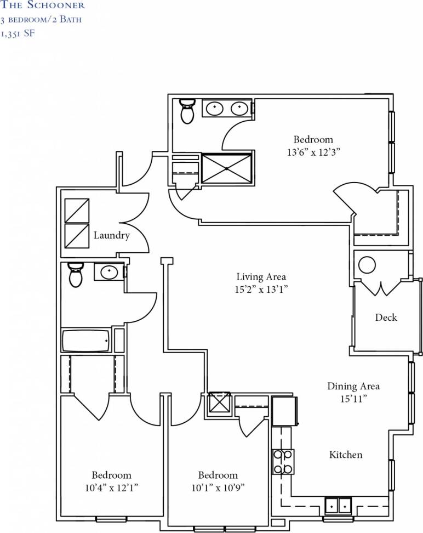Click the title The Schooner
(x=43, y=5)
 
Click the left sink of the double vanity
(x=214, y=109)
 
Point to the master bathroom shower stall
(x=227, y=168)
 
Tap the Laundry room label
(x=112, y=236)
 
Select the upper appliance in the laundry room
(x=77, y=210)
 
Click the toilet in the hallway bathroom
(x=76, y=274)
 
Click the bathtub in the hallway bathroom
(x=86, y=341)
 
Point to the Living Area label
(x=261, y=277)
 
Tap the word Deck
(x=386, y=317)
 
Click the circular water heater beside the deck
(x=367, y=265)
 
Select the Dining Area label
(x=353, y=386)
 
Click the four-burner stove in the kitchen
(x=283, y=461)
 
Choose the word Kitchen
(x=346, y=455)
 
